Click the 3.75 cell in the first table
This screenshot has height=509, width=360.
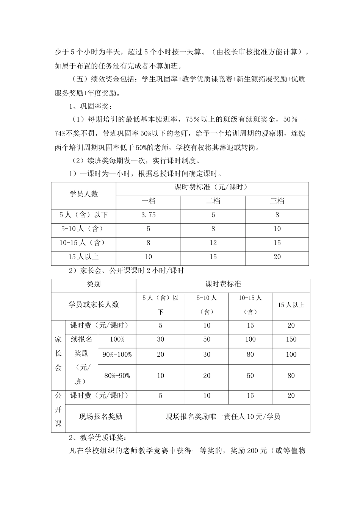tap(148, 215)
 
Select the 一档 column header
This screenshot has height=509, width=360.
tap(148, 201)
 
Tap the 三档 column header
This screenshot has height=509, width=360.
tap(277, 201)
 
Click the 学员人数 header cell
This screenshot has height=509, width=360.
tap(83, 194)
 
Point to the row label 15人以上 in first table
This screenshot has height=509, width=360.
tap(83, 257)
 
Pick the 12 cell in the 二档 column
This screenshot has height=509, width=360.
tap(213, 243)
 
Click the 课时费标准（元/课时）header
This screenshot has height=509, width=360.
tap(212, 187)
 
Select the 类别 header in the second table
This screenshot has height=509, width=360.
tap(93, 284)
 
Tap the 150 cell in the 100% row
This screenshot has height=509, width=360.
tap(291, 339)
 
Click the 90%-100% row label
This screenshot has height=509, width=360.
tap(117, 354)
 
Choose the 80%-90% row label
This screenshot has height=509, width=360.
tap(117, 376)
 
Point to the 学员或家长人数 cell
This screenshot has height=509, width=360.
tap(93, 304)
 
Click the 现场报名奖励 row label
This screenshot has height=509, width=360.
tap(100, 417)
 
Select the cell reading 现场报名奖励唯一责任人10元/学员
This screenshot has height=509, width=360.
tap(223, 417)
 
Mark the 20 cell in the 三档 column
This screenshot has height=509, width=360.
tap(277, 257)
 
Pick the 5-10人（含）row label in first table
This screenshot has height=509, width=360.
tap(83, 229)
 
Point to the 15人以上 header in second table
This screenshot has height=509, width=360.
tap(291, 304)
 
